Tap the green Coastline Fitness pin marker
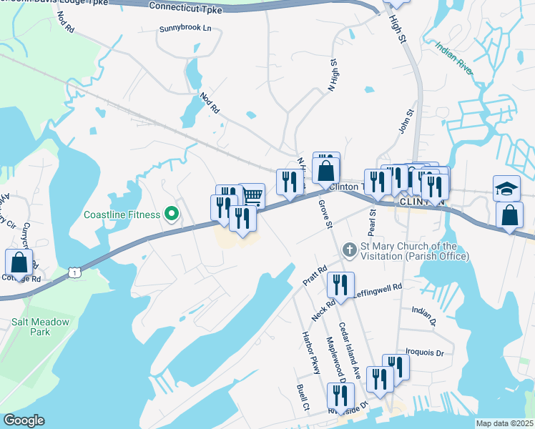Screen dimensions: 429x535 (x=172, y=214)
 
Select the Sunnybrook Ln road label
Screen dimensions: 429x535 (x=185, y=29)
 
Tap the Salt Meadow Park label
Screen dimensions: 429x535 (x=41, y=327)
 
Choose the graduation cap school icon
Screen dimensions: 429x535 (x=506, y=188)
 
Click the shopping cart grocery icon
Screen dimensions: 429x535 (x=252, y=195)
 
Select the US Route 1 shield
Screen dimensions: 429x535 (x=74, y=272)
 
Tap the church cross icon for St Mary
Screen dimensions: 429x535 (x=349, y=250)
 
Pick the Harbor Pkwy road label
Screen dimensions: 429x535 (x=310, y=352)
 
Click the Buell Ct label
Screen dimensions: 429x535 (x=302, y=397)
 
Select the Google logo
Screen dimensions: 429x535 (x=24, y=420)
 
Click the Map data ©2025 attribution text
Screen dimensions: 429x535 (x=504, y=423)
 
